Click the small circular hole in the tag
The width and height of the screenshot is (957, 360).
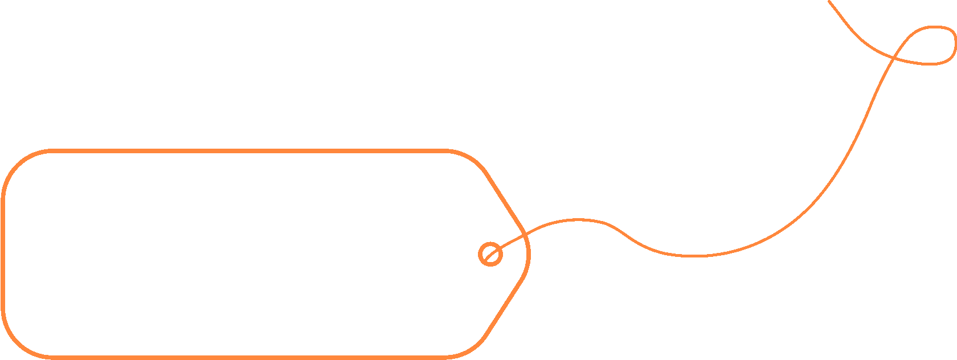[x=490, y=254]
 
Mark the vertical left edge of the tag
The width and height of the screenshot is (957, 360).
[x=3, y=254]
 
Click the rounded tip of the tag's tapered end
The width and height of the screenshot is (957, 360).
[x=529, y=254]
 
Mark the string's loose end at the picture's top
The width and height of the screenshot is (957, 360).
[x=830, y=2]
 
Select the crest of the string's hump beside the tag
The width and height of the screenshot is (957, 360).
[x=578, y=219]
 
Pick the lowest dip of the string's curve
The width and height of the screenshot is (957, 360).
[x=692, y=256]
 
